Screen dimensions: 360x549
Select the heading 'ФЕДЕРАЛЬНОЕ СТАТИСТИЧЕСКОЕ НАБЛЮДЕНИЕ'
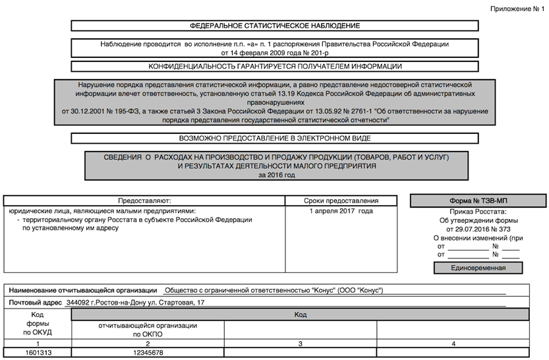point(274,26)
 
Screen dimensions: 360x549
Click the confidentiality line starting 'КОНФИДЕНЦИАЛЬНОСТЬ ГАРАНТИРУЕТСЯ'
point(274,67)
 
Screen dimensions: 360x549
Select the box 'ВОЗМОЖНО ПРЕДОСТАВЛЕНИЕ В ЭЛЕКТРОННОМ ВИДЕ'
point(274,139)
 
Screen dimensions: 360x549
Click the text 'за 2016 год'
point(277,175)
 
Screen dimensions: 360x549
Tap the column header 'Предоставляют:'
point(144,200)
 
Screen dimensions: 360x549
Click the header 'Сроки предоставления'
point(341,200)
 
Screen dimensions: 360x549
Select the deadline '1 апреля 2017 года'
point(341,211)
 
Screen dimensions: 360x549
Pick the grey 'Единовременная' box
point(478,268)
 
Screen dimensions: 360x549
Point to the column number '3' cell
point(300,344)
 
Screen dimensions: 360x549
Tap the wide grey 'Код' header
point(300,315)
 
